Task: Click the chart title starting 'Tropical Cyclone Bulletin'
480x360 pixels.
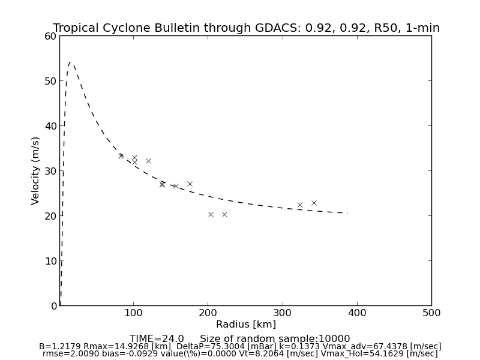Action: tap(246, 28)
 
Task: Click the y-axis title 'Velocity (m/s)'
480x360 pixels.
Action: tap(36, 170)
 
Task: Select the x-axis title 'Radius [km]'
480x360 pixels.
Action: tap(246, 325)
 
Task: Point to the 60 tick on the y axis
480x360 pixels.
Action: tap(50, 36)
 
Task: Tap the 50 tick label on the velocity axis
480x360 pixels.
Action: tap(50, 81)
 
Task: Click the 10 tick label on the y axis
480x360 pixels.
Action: tap(50, 261)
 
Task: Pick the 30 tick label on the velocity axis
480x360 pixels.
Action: tap(50, 171)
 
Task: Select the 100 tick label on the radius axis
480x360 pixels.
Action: tap(133, 313)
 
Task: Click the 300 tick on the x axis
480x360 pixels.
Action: tap(282, 313)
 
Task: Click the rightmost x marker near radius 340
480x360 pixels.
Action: tap(314, 203)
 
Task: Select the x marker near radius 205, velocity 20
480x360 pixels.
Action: tap(211, 214)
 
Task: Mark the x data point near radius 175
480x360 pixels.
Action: tap(190, 184)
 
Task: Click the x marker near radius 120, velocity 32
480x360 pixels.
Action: tap(148, 161)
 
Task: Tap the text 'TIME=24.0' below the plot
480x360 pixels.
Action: tap(157, 339)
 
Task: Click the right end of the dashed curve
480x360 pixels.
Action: tap(347, 213)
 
